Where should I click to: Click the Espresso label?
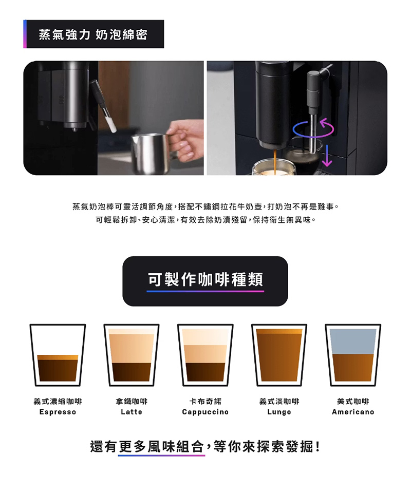point(58,412)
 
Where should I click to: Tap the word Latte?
point(132,412)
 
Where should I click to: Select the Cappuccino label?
point(206,412)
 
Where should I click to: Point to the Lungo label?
point(279,412)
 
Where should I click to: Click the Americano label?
point(353,412)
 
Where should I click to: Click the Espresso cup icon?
point(58,355)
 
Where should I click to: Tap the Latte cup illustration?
point(132,355)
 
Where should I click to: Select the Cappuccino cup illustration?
point(206,355)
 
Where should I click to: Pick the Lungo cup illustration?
point(279,355)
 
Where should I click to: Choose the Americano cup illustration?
point(353,355)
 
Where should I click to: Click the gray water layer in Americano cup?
point(353,342)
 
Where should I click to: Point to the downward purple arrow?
point(327,155)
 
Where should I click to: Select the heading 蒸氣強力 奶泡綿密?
point(93,34)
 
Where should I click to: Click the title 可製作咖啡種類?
point(206,279)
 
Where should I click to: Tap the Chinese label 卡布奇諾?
point(206,401)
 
